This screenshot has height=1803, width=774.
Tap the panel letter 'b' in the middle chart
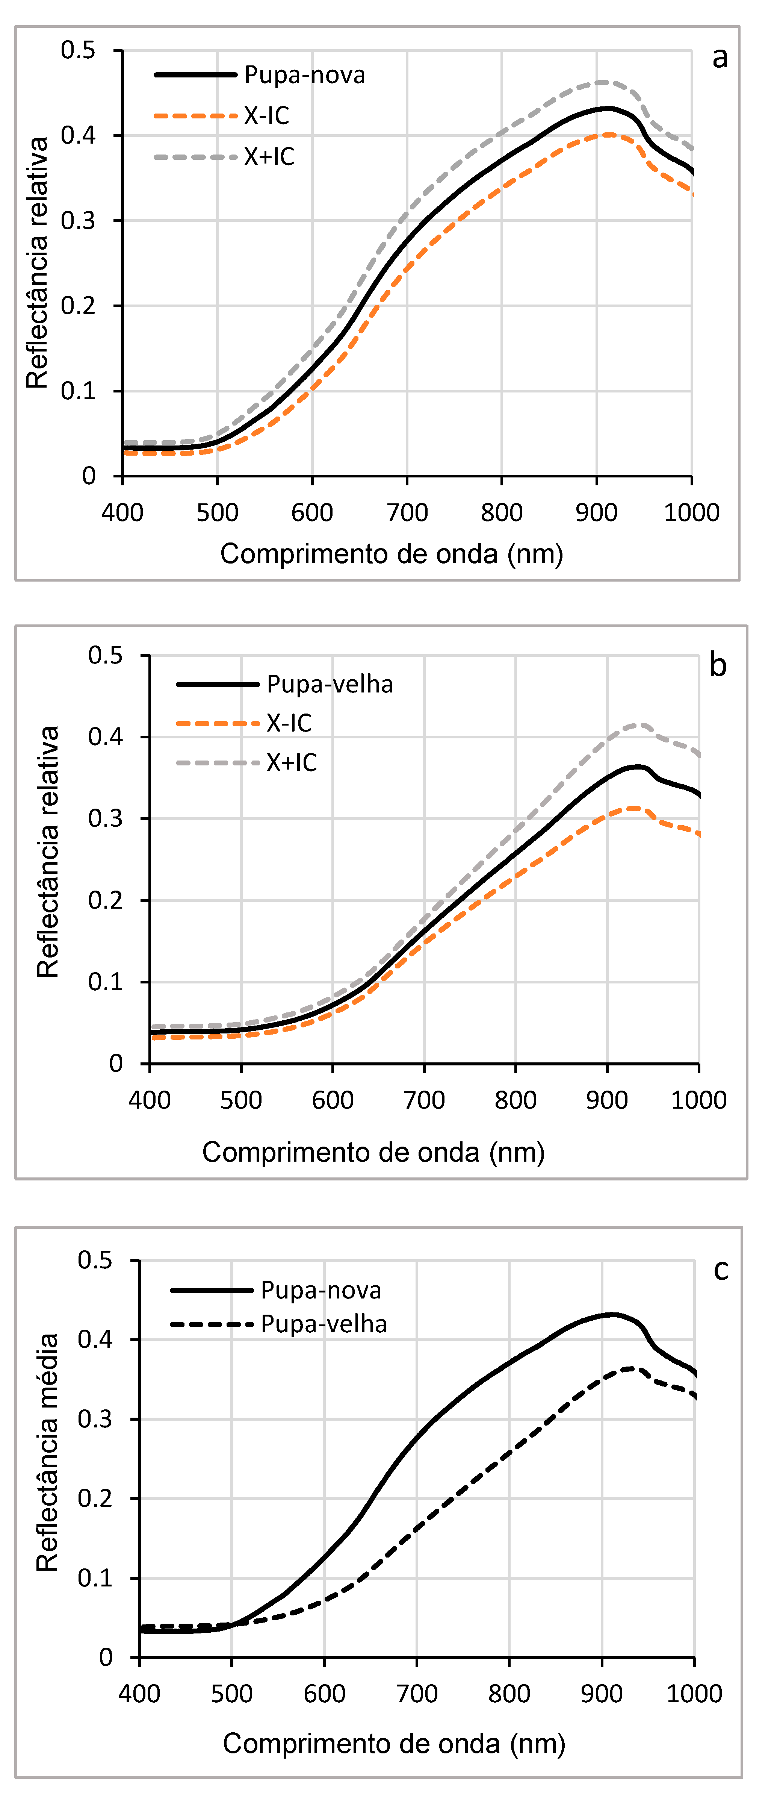717,665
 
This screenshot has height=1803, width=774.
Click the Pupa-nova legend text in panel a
304,75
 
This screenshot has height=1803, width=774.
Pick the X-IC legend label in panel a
267,115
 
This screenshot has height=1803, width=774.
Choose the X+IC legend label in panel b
292,762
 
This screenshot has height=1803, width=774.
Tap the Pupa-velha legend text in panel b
330,684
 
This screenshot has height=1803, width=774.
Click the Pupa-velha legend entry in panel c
324,1324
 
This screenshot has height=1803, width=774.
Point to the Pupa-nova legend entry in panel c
320,1290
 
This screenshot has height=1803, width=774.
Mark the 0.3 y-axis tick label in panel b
105,818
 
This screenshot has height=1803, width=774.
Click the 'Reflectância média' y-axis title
48,1452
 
